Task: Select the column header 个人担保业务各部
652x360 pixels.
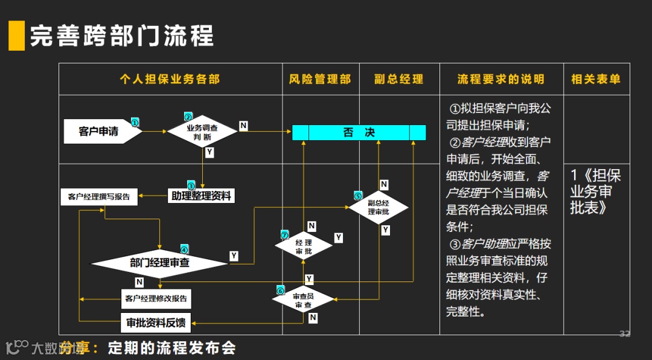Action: tap(170, 79)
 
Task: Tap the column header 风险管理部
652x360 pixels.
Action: tap(320, 79)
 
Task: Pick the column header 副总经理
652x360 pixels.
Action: tap(398, 79)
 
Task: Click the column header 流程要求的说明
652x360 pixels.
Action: tap(501, 79)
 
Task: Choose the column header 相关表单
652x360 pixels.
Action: tap(596, 79)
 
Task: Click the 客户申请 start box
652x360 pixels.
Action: tap(100, 131)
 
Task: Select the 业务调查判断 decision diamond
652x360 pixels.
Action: tap(202, 132)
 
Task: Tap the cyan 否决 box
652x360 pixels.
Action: tap(359, 132)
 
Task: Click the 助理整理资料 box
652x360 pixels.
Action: tap(201, 196)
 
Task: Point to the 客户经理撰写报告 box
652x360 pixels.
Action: tap(99, 196)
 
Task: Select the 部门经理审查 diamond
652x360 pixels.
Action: tap(159, 263)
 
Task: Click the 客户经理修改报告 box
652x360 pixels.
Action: tap(156, 298)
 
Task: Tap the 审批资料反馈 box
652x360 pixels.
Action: tap(156, 323)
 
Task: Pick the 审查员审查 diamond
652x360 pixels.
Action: tap(303, 301)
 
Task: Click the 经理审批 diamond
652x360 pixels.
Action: tap(304, 246)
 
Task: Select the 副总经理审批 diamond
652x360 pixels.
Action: tap(379, 207)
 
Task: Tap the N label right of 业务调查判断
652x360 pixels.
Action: tap(243, 126)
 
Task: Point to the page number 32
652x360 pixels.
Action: tap(625, 333)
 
